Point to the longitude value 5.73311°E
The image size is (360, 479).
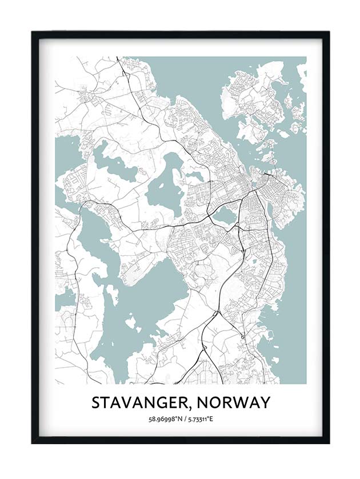coord(199,420)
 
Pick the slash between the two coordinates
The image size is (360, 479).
coord(181,420)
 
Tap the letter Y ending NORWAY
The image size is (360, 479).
coord(263,403)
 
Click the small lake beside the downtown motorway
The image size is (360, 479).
coord(225,215)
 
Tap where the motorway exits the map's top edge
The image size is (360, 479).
coord(118,58)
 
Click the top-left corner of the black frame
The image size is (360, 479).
coord(33,32)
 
